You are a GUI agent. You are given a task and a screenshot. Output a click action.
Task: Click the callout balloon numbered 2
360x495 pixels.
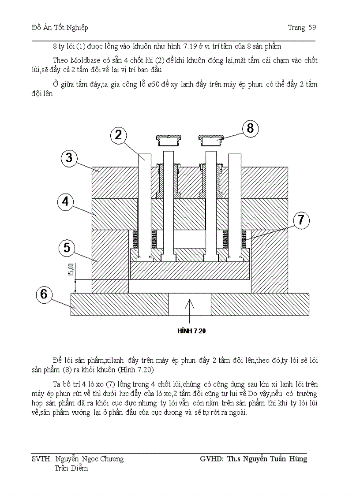118,135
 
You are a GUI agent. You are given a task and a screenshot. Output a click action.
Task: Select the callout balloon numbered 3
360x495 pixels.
69,157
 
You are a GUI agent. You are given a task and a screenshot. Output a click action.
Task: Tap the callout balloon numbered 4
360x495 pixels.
65,201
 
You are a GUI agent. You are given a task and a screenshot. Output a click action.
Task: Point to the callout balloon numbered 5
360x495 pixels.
66,248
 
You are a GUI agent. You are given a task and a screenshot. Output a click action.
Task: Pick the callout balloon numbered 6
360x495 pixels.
44,294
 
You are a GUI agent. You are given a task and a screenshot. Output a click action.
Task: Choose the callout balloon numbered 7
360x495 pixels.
300,220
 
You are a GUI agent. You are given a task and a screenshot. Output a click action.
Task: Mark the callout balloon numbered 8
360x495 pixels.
250,128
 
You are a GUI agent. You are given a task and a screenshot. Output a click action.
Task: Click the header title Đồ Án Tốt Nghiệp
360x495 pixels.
60,28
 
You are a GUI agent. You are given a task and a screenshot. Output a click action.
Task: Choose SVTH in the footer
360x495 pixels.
41,459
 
